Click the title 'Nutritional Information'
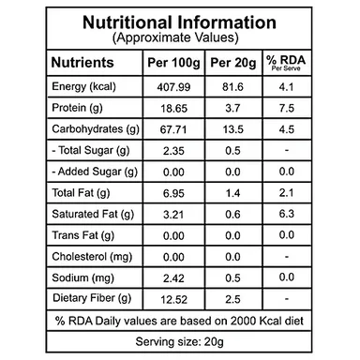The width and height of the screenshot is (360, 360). [179, 22]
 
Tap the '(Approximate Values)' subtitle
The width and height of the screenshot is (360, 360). [175, 37]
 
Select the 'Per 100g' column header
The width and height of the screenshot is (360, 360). [173, 63]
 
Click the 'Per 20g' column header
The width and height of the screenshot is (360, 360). [233, 63]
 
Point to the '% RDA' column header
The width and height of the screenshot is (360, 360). [286, 60]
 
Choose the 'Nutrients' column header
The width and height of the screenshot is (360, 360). [82, 62]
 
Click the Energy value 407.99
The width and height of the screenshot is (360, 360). [173, 87]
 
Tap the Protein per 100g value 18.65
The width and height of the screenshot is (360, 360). [173, 109]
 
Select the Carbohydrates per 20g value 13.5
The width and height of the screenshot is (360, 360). [233, 129]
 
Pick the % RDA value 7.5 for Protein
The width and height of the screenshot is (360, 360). [287, 108]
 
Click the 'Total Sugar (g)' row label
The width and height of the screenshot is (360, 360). [91, 151]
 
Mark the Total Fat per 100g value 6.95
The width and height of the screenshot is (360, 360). [173, 193]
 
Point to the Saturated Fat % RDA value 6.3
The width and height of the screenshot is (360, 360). [287, 214]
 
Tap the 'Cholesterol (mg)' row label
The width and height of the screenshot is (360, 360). [92, 257]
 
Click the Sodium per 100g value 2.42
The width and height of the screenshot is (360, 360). [173, 278]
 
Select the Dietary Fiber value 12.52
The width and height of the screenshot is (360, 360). [173, 299]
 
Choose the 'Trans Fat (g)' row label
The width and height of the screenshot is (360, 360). [83, 235]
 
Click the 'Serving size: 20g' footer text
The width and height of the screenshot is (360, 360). [180, 341]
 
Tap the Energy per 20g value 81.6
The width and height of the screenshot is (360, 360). [233, 87]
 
